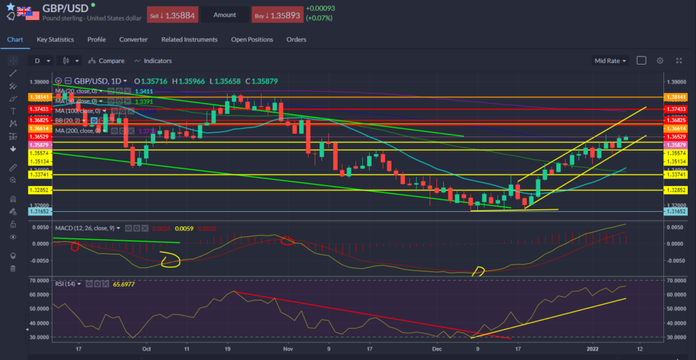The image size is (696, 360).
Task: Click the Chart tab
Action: click(x=15, y=39)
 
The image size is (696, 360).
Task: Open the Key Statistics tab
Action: click(x=56, y=39)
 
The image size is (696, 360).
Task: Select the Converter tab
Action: click(x=133, y=39)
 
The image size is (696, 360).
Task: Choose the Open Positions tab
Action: click(x=251, y=39)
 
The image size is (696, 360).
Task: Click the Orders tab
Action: click(x=296, y=39)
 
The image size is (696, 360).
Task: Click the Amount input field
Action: click(x=224, y=14)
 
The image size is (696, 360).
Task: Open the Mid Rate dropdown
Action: click(x=610, y=60)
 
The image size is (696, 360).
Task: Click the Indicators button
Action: click(x=153, y=60)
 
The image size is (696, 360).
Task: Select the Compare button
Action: click(x=107, y=60)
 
